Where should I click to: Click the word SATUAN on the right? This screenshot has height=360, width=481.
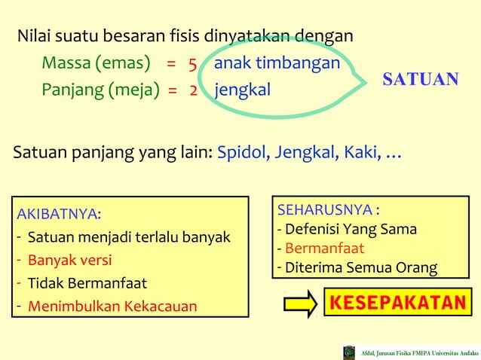[x=421, y=80]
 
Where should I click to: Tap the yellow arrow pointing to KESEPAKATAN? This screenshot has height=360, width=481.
[x=299, y=304]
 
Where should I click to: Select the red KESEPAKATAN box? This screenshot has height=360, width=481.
[x=397, y=303]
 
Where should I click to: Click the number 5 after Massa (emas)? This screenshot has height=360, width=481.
[x=193, y=63]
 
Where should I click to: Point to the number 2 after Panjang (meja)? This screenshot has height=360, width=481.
[x=194, y=91]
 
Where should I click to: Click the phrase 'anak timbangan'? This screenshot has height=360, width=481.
[x=277, y=63]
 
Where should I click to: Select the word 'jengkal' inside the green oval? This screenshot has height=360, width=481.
[x=242, y=91]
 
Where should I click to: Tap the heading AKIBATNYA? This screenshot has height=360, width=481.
[x=59, y=214]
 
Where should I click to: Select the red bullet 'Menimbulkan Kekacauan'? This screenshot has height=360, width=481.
[x=112, y=307]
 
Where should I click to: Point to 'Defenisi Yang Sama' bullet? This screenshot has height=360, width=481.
[x=350, y=229]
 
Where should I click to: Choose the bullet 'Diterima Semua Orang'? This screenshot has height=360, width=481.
[x=360, y=267]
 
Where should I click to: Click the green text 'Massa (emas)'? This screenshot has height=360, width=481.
[x=96, y=63]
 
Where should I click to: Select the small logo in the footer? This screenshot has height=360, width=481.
[x=349, y=352]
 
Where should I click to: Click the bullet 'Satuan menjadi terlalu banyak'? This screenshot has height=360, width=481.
[x=128, y=238]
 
